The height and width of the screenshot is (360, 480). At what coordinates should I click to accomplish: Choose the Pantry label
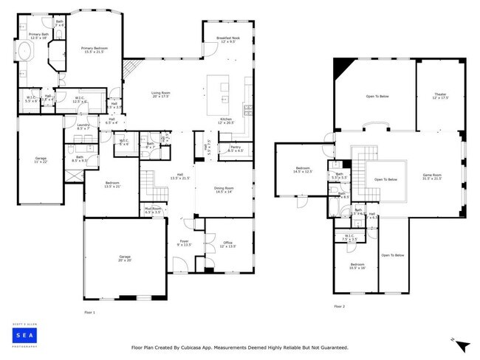[x=236, y=148]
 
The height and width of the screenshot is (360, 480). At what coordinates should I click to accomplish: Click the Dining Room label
[x=224, y=190]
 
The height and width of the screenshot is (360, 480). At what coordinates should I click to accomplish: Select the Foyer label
[x=185, y=243]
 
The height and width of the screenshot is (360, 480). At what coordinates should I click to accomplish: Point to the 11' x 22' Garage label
[x=40, y=159]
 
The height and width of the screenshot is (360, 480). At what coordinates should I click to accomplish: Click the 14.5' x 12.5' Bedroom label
[x=304, y=170]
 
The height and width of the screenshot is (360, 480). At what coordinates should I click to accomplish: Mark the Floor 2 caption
[x=339, y=306]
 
